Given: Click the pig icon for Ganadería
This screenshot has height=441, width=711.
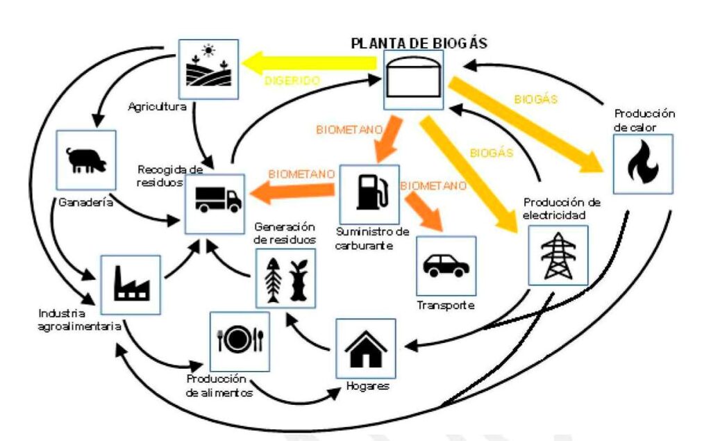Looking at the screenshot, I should (86, 160).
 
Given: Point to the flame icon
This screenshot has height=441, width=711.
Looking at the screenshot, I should (642, 164).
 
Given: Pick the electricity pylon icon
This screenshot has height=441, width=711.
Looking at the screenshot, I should (558, 256).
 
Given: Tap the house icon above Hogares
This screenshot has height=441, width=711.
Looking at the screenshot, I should (365, 349).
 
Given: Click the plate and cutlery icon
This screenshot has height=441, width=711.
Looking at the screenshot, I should (240, 340).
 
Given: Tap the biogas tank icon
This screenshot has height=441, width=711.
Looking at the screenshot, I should (413, 80).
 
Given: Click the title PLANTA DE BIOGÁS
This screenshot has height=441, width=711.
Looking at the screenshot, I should (419, 43).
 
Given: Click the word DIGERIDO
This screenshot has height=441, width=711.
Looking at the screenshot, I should (292, 81).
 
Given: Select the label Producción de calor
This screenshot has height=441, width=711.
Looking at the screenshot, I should (644, 120).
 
